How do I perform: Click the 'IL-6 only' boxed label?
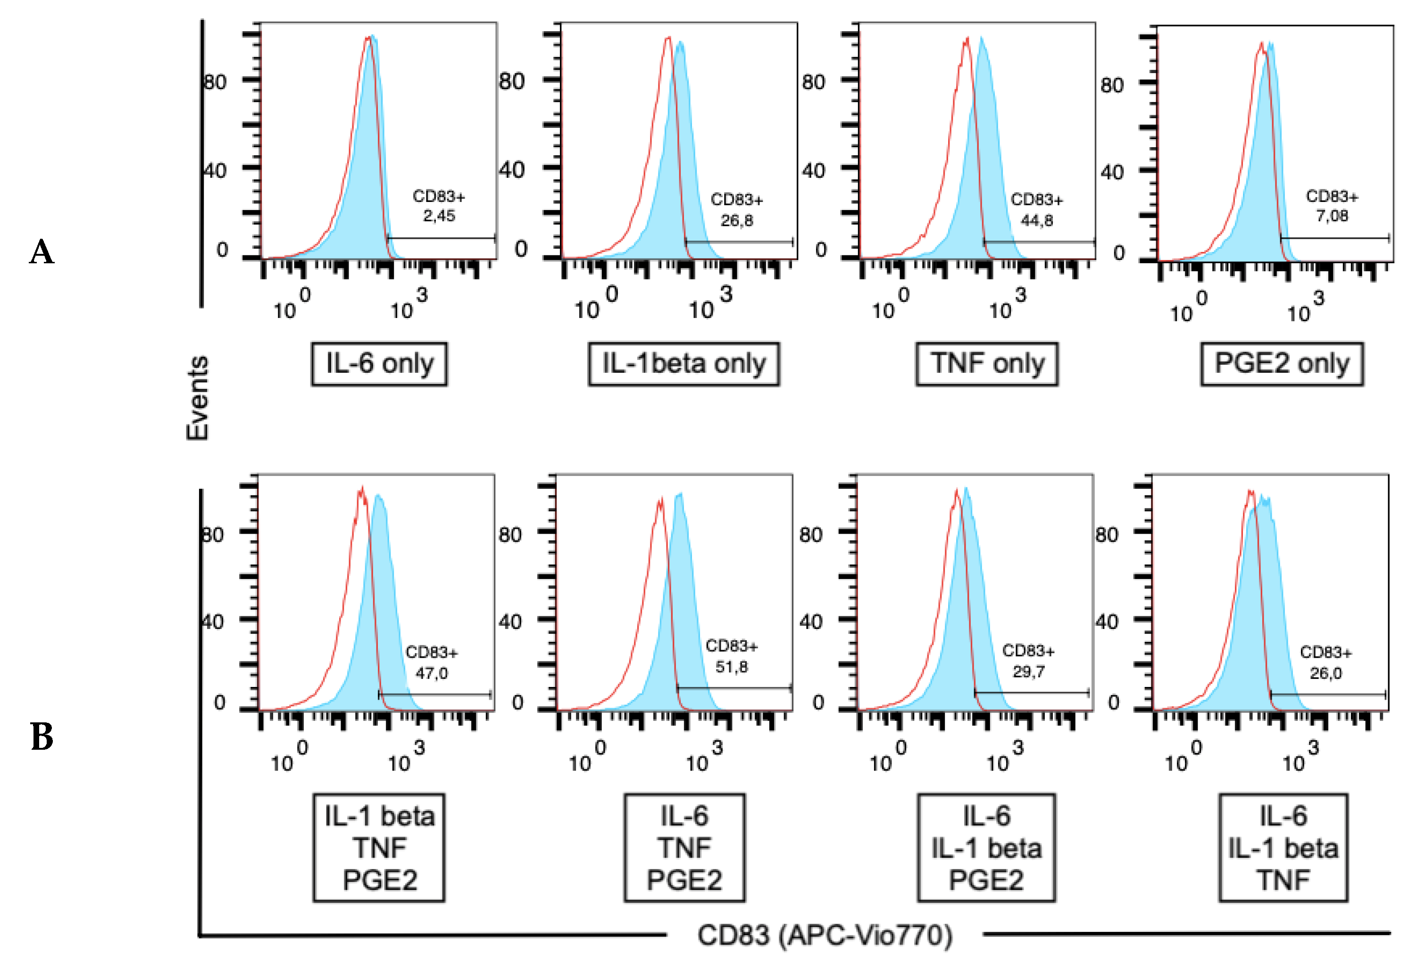(379, 364)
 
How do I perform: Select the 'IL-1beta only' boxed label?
(683, 364)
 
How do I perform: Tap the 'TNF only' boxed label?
(986, 364)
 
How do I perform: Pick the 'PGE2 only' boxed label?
(1282, 364)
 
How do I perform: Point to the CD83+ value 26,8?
(736, 220)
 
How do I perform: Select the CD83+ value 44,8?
(1036, 220)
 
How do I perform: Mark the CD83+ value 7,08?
(1332, 215)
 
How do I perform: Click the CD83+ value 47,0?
(432, 673)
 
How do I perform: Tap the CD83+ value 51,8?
(731, 667)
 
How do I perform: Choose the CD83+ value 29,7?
(1029, 671)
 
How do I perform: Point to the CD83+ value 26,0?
(1325, 673)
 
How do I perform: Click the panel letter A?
(42, 252)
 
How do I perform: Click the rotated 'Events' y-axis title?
(198, 398)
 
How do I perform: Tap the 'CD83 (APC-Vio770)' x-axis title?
(825, 935)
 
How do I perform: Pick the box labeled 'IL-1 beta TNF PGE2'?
(379, 848)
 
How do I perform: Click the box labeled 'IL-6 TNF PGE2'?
(684, 848)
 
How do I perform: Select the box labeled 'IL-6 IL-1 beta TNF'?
(1283, 848)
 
